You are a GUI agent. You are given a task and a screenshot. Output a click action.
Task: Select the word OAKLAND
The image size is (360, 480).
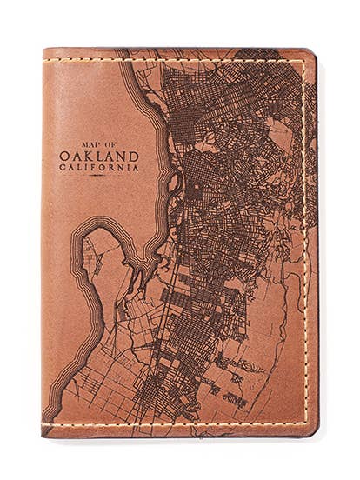(x=98, y=156)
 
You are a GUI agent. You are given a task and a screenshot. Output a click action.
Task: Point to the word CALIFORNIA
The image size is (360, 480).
(x=98, y=168)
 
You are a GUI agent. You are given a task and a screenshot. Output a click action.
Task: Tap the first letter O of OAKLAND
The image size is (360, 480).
(x=64, y=156)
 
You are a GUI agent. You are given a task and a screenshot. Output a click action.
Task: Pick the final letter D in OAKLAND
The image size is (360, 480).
(x=131, y=156)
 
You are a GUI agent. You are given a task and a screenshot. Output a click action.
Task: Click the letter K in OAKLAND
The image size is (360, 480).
(x=89, y=156)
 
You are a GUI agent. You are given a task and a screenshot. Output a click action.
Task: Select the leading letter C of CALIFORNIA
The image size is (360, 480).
(x=63, y=168)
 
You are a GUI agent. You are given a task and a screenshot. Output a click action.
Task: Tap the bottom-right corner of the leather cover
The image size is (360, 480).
(x=313, y=431)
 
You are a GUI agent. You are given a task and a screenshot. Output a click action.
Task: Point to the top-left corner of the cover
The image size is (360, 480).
(x=45, y=51)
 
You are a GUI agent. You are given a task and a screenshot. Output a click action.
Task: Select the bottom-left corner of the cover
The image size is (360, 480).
(x=45, y=432)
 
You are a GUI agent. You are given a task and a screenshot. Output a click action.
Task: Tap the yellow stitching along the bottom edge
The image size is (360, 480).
(x=174, y=424)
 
